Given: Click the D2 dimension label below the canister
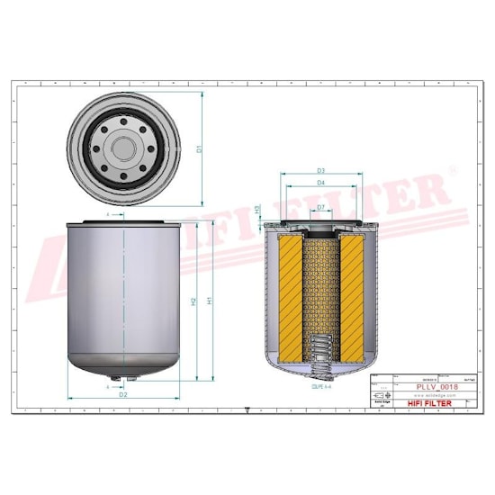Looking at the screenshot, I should [x=123, y=394].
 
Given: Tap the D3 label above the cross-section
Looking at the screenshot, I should [x=321, y=169].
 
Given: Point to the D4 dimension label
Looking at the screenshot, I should [x=321, y=184].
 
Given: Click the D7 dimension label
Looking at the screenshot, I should [x=321, y=208].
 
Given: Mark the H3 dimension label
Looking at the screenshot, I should [x=258, y=209].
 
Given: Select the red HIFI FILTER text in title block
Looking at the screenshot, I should [x=428, y=403].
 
